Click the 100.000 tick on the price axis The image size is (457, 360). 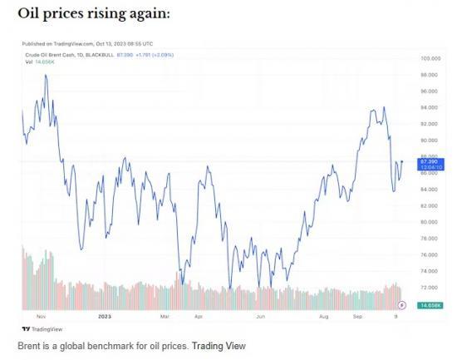(430, 59)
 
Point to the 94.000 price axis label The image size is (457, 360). (430, 108)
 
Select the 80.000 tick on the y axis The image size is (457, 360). (430, 222)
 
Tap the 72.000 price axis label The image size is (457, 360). (430, 288)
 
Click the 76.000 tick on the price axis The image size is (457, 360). (430, 255)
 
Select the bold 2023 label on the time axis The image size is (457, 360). (104, 317)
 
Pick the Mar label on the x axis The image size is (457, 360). (165, 317)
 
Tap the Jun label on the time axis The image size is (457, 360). (260, 317)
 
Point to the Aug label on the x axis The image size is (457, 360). (323, 317)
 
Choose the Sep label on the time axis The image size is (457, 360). (357, 317)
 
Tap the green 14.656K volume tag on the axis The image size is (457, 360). (430, 306)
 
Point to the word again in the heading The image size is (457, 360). (145, 15)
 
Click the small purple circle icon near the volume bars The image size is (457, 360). (403, 305)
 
